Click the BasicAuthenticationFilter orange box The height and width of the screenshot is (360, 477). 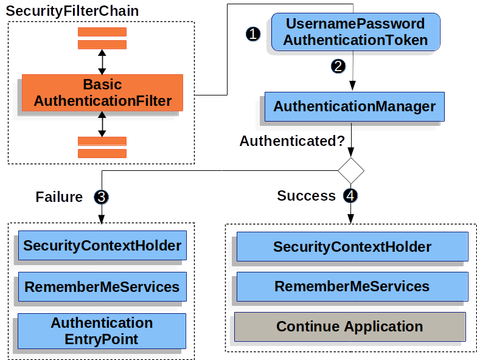(102, 92)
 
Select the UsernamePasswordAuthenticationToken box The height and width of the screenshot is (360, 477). (355, 32)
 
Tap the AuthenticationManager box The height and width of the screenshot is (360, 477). (354, 107)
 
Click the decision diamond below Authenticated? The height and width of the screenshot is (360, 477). (351, 170)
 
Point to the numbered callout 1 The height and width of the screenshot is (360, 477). (253, 34)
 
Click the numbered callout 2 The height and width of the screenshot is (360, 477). (338, 66)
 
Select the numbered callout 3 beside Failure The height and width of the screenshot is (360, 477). (101, 197)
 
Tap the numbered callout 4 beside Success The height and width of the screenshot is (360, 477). (351, 196)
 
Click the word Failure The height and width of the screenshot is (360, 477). (59, 197)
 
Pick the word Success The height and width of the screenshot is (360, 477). (306, 196)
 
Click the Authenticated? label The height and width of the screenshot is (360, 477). (292, 141)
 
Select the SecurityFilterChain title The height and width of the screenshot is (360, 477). (72, 11)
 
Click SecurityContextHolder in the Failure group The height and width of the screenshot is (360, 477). (102, 246)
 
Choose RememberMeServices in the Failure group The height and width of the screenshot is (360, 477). (102, 287)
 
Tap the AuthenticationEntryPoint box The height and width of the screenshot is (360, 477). (102, 331)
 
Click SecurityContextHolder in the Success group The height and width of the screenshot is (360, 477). (352, 247)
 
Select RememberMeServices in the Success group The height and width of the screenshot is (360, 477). (352, 286)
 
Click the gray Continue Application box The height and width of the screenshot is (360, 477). (350, 327)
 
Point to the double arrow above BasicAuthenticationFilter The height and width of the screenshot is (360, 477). (102, 62)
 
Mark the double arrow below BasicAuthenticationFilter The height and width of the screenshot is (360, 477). (102, 124)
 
